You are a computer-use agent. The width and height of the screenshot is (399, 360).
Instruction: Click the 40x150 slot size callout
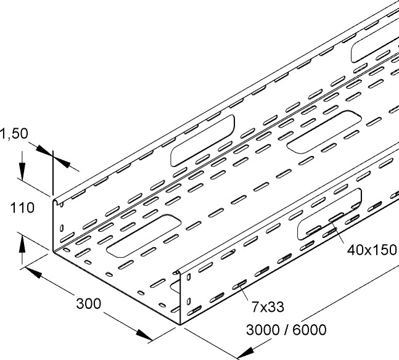click(371, 252)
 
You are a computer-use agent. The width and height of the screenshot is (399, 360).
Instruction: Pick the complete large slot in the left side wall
click(202, 139)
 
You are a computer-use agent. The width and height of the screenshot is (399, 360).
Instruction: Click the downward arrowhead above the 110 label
click(22, 174)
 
